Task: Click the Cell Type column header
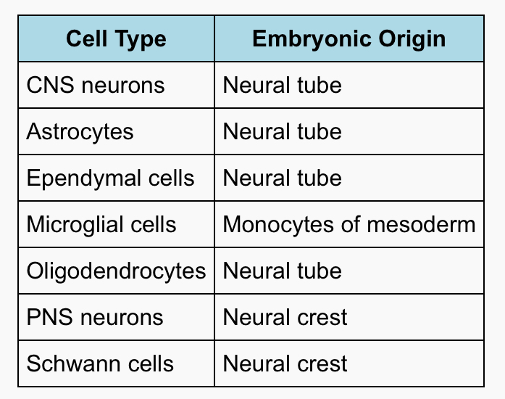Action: point(116,39)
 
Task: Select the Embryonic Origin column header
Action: point(349,39)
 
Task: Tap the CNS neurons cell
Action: point(96,85)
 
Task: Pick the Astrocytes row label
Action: point(80,132)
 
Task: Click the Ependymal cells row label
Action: point(110,178)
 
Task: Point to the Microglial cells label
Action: point(101,224)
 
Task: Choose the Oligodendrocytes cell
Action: point(116,271)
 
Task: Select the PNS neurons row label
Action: point(95,317)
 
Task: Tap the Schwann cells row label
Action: point(100,363)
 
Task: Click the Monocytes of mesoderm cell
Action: point(349,224)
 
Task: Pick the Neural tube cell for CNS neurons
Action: point(282,85)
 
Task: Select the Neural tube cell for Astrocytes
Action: point(282,131)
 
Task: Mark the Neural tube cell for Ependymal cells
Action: point(282,178)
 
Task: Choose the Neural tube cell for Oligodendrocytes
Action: point(282,271)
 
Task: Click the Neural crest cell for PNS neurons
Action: point(285,317)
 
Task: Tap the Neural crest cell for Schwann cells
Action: point(285,363)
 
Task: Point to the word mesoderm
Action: point(421,224)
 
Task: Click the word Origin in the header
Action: point(412,39)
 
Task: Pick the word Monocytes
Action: point(278,225)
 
